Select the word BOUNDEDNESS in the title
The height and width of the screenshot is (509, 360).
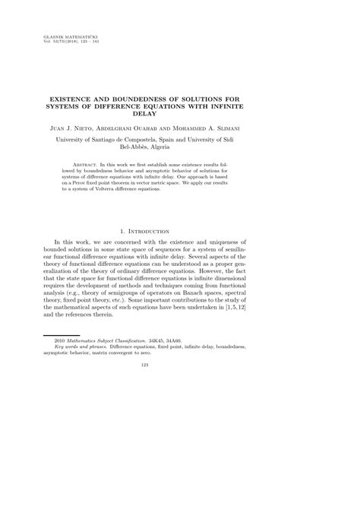[157, 99]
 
